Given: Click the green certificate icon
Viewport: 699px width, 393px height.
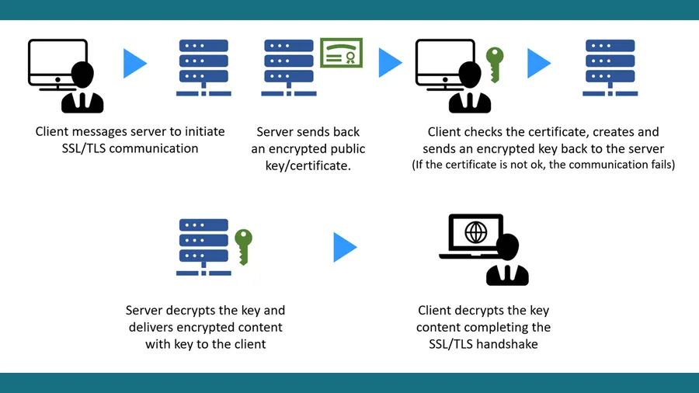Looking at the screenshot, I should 341,53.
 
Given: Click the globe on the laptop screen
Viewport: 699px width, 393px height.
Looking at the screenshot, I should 475,232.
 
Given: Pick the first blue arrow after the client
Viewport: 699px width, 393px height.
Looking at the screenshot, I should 134,64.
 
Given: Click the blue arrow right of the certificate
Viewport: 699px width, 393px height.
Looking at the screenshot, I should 390,64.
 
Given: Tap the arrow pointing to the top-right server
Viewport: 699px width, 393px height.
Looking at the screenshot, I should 538,64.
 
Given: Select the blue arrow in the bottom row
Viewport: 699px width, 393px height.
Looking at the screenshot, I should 345,247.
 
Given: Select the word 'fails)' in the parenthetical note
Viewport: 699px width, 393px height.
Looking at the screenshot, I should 659,165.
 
